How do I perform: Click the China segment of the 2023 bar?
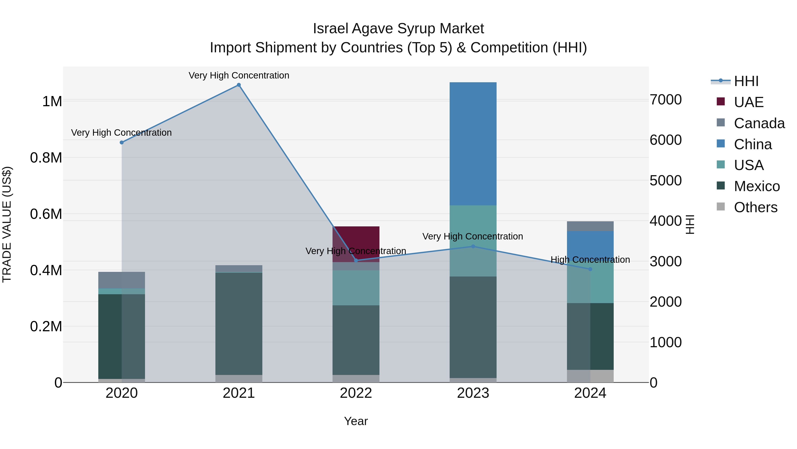click(x=473, y=143)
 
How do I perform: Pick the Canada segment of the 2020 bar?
click(x=122, y=280)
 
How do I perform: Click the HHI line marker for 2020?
click(x=122, y=143)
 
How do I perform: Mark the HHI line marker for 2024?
click(x=590, y=269)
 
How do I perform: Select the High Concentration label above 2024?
click(x=590, y=260)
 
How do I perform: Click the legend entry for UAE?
click(x=749, y=102)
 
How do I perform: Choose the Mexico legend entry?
click(x=756, y=186)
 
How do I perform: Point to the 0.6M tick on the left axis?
click(x=46, y=214)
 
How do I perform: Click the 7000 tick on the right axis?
click(x=665, y=100)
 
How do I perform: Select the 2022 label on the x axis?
click(x=356, y=393)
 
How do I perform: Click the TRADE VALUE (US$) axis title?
click(x=7, y=224)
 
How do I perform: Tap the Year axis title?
click(x=356, y=421)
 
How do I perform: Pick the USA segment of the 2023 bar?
click(x=473, y=241)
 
